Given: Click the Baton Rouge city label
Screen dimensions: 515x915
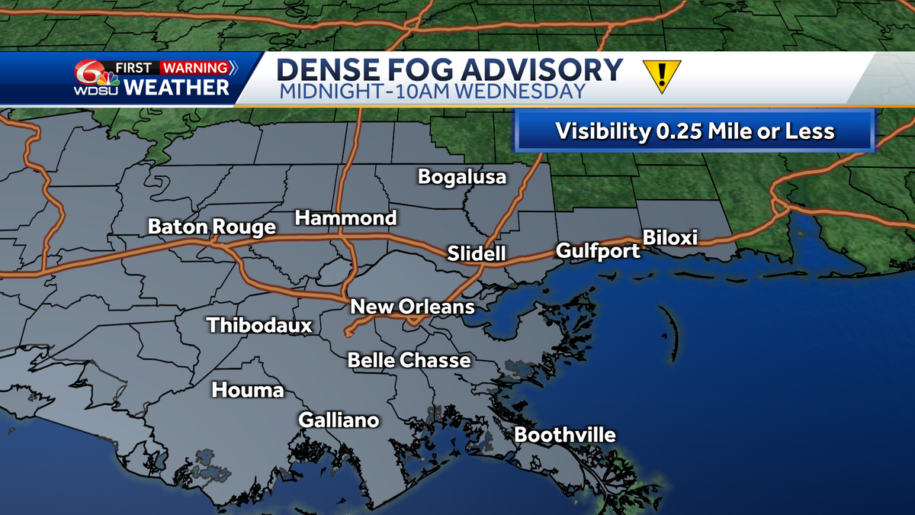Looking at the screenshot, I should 211,227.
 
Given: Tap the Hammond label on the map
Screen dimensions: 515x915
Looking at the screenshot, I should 346,218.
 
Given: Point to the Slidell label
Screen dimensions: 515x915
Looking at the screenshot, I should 477,253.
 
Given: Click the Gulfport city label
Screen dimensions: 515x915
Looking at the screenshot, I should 598,250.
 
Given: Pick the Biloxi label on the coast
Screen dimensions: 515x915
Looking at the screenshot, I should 670,237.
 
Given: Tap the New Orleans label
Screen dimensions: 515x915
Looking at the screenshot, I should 412,307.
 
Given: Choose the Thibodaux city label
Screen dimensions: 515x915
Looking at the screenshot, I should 260,326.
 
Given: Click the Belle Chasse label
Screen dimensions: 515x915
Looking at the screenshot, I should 409,360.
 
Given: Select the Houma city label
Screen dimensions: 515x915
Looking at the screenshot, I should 248,391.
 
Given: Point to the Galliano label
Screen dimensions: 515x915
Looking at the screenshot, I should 339,420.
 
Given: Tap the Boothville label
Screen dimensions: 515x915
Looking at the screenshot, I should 564,436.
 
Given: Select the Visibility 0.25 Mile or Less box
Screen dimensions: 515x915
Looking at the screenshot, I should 694,131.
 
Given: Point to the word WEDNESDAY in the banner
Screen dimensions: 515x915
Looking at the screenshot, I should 523,92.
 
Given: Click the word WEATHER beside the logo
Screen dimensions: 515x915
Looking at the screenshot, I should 176,88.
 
